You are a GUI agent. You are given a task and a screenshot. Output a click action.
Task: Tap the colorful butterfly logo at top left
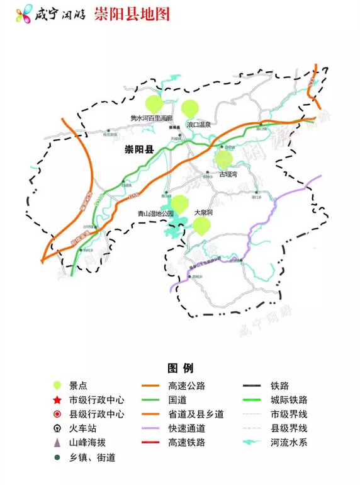(x=25, y=14)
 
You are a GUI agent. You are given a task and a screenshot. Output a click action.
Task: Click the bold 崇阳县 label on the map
(x=139, y=150)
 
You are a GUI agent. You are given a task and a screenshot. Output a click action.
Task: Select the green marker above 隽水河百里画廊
(x=154, y=103)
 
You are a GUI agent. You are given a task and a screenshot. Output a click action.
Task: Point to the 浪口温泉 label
(x=202, y=126)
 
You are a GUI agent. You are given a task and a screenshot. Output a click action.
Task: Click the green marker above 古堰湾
(x=223, y=159)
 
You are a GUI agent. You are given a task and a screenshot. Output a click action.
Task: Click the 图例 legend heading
(x=180, y=368)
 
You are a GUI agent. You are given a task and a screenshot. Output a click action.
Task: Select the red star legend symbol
(x=57, y=400)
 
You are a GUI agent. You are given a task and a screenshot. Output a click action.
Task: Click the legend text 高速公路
(x=186, y=385)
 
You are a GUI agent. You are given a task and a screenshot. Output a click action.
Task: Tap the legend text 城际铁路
(x=289, y=400)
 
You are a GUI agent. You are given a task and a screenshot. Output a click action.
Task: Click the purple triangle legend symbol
(x=57, y=443)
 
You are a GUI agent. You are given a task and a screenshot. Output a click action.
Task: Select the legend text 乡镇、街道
(x=93, y=457)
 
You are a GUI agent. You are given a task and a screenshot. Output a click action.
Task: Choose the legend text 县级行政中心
(x=97, y=414)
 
